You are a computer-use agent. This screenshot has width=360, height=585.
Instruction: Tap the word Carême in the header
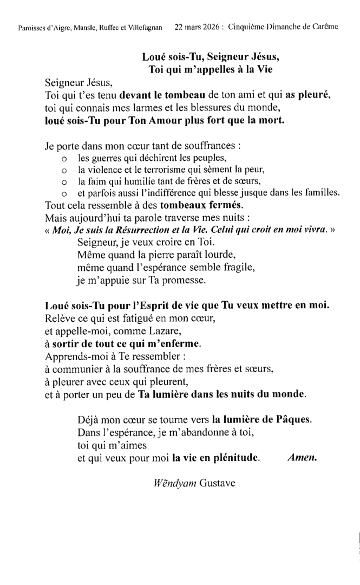pos(325,27)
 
